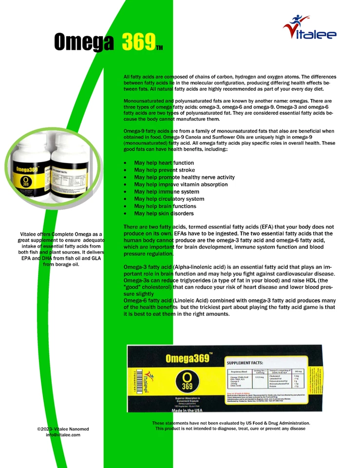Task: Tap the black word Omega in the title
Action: [84, 42]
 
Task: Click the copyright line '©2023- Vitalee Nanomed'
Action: [63, 429]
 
